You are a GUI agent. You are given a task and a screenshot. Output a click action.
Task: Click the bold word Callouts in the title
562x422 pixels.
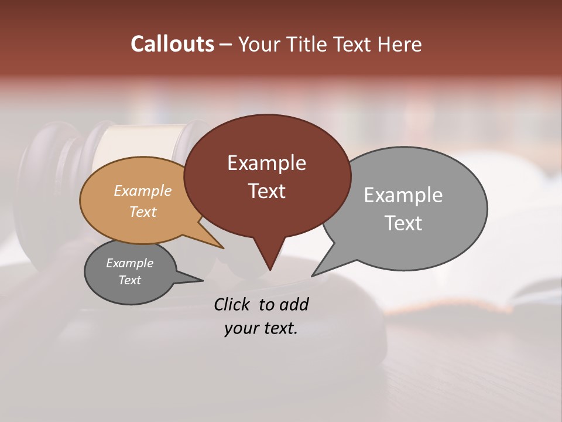pyautogui.click(x=172, y=44)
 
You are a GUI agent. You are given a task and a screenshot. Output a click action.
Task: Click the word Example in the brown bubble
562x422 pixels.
pyautogui.click(x=266, y=163)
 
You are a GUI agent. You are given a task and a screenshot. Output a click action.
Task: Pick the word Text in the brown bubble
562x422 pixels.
pyautogui.click(x=266, y=191)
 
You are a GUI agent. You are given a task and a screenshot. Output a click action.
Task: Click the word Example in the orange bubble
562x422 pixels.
pyautogui.click(x=143, y=190)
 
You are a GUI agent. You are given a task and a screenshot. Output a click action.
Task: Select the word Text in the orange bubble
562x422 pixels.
pyautogui.click(x=143, y=212)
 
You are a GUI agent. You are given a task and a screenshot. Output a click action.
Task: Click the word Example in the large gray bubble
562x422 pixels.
pyautogui.click(x=403, y=195)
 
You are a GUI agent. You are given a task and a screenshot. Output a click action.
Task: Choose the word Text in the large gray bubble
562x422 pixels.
pyautogui.click(x=403, y=223)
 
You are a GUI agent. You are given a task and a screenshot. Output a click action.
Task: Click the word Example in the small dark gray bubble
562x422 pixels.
pyautogui.click(x=130, y=263)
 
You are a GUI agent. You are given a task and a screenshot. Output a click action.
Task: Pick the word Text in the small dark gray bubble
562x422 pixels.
pyautogui.click(x=130, y=280)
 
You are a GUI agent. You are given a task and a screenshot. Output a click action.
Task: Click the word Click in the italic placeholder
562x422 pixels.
pyautogui.click(x=232, y=304)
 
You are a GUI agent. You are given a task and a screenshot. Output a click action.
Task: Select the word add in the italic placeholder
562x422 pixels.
pyautogui.click(x=294, y=304)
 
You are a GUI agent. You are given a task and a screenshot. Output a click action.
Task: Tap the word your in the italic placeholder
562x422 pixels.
pyautogui.click(x=239, y=329)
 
